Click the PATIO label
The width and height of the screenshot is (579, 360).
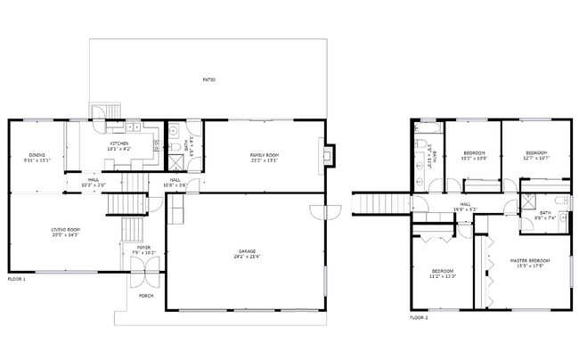pos(209,79)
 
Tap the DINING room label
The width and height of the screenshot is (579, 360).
pos(25,155)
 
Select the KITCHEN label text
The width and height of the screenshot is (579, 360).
pos(119,143)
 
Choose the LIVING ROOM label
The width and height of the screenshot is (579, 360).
pos(65,230)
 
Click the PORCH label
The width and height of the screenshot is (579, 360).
pos(145,296)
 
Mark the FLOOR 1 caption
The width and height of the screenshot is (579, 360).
pos(16,279)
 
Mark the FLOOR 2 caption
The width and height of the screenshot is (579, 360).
pos(419,317)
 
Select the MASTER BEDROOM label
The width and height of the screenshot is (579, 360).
pos(529,260)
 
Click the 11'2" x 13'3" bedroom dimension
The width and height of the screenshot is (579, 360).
pos(444,276)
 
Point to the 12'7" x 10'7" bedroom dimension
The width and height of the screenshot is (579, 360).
pos(535,159)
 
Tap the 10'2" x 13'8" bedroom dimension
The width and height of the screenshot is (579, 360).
pos(473,159)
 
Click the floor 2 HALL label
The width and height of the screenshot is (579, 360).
pos(465,204)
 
